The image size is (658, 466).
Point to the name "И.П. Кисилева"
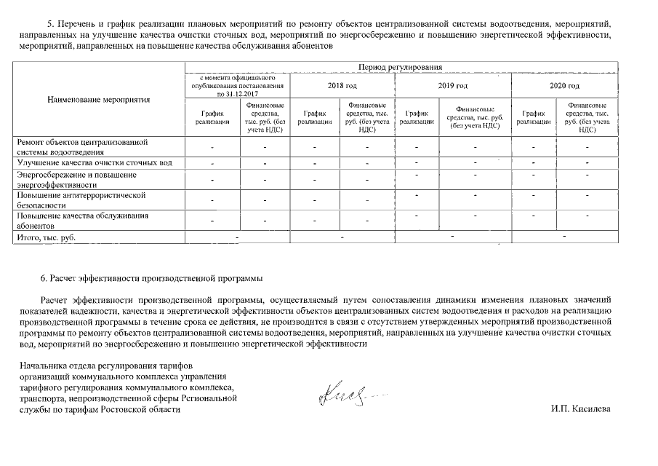(x=581, y=409)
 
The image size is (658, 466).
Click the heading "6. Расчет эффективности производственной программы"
(x=153, y=278)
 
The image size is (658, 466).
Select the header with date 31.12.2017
(x=237, y=86)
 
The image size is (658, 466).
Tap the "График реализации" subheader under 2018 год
(x=315, y=117)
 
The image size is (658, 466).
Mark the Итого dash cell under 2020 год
(x=564, y=237)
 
